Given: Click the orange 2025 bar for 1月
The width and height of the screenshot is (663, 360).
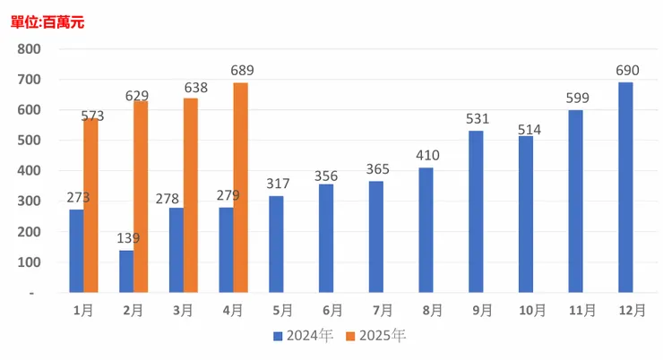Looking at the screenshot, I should tap(90, 206).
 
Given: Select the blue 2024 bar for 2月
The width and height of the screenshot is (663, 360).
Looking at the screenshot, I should tap(126, 271).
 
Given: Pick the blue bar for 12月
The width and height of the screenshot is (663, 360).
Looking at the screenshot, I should tap(625, 188).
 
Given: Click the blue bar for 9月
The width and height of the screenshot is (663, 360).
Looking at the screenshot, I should tap(476, 212).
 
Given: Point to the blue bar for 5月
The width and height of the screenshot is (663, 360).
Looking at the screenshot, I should tap(276, 244).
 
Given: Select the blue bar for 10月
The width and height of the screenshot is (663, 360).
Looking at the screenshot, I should tap(525, 215).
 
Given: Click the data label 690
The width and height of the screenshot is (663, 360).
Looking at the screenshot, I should tap(625, 71).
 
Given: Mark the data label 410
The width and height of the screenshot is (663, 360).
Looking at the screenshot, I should tap(426, 157).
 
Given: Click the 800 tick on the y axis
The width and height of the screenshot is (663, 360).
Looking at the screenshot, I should tap(30, 49).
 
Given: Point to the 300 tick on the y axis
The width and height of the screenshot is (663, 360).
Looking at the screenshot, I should tap(30, 201).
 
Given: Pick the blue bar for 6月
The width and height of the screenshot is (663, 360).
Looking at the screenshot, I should tap(326, 239).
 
